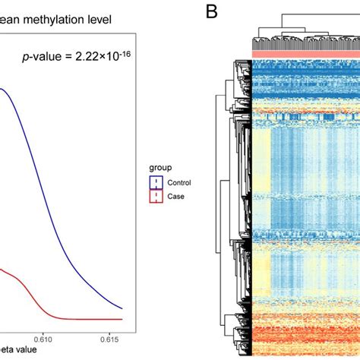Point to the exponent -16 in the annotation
pos(125,51)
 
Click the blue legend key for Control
pos(158,182)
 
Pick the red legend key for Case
pos(158,196)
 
